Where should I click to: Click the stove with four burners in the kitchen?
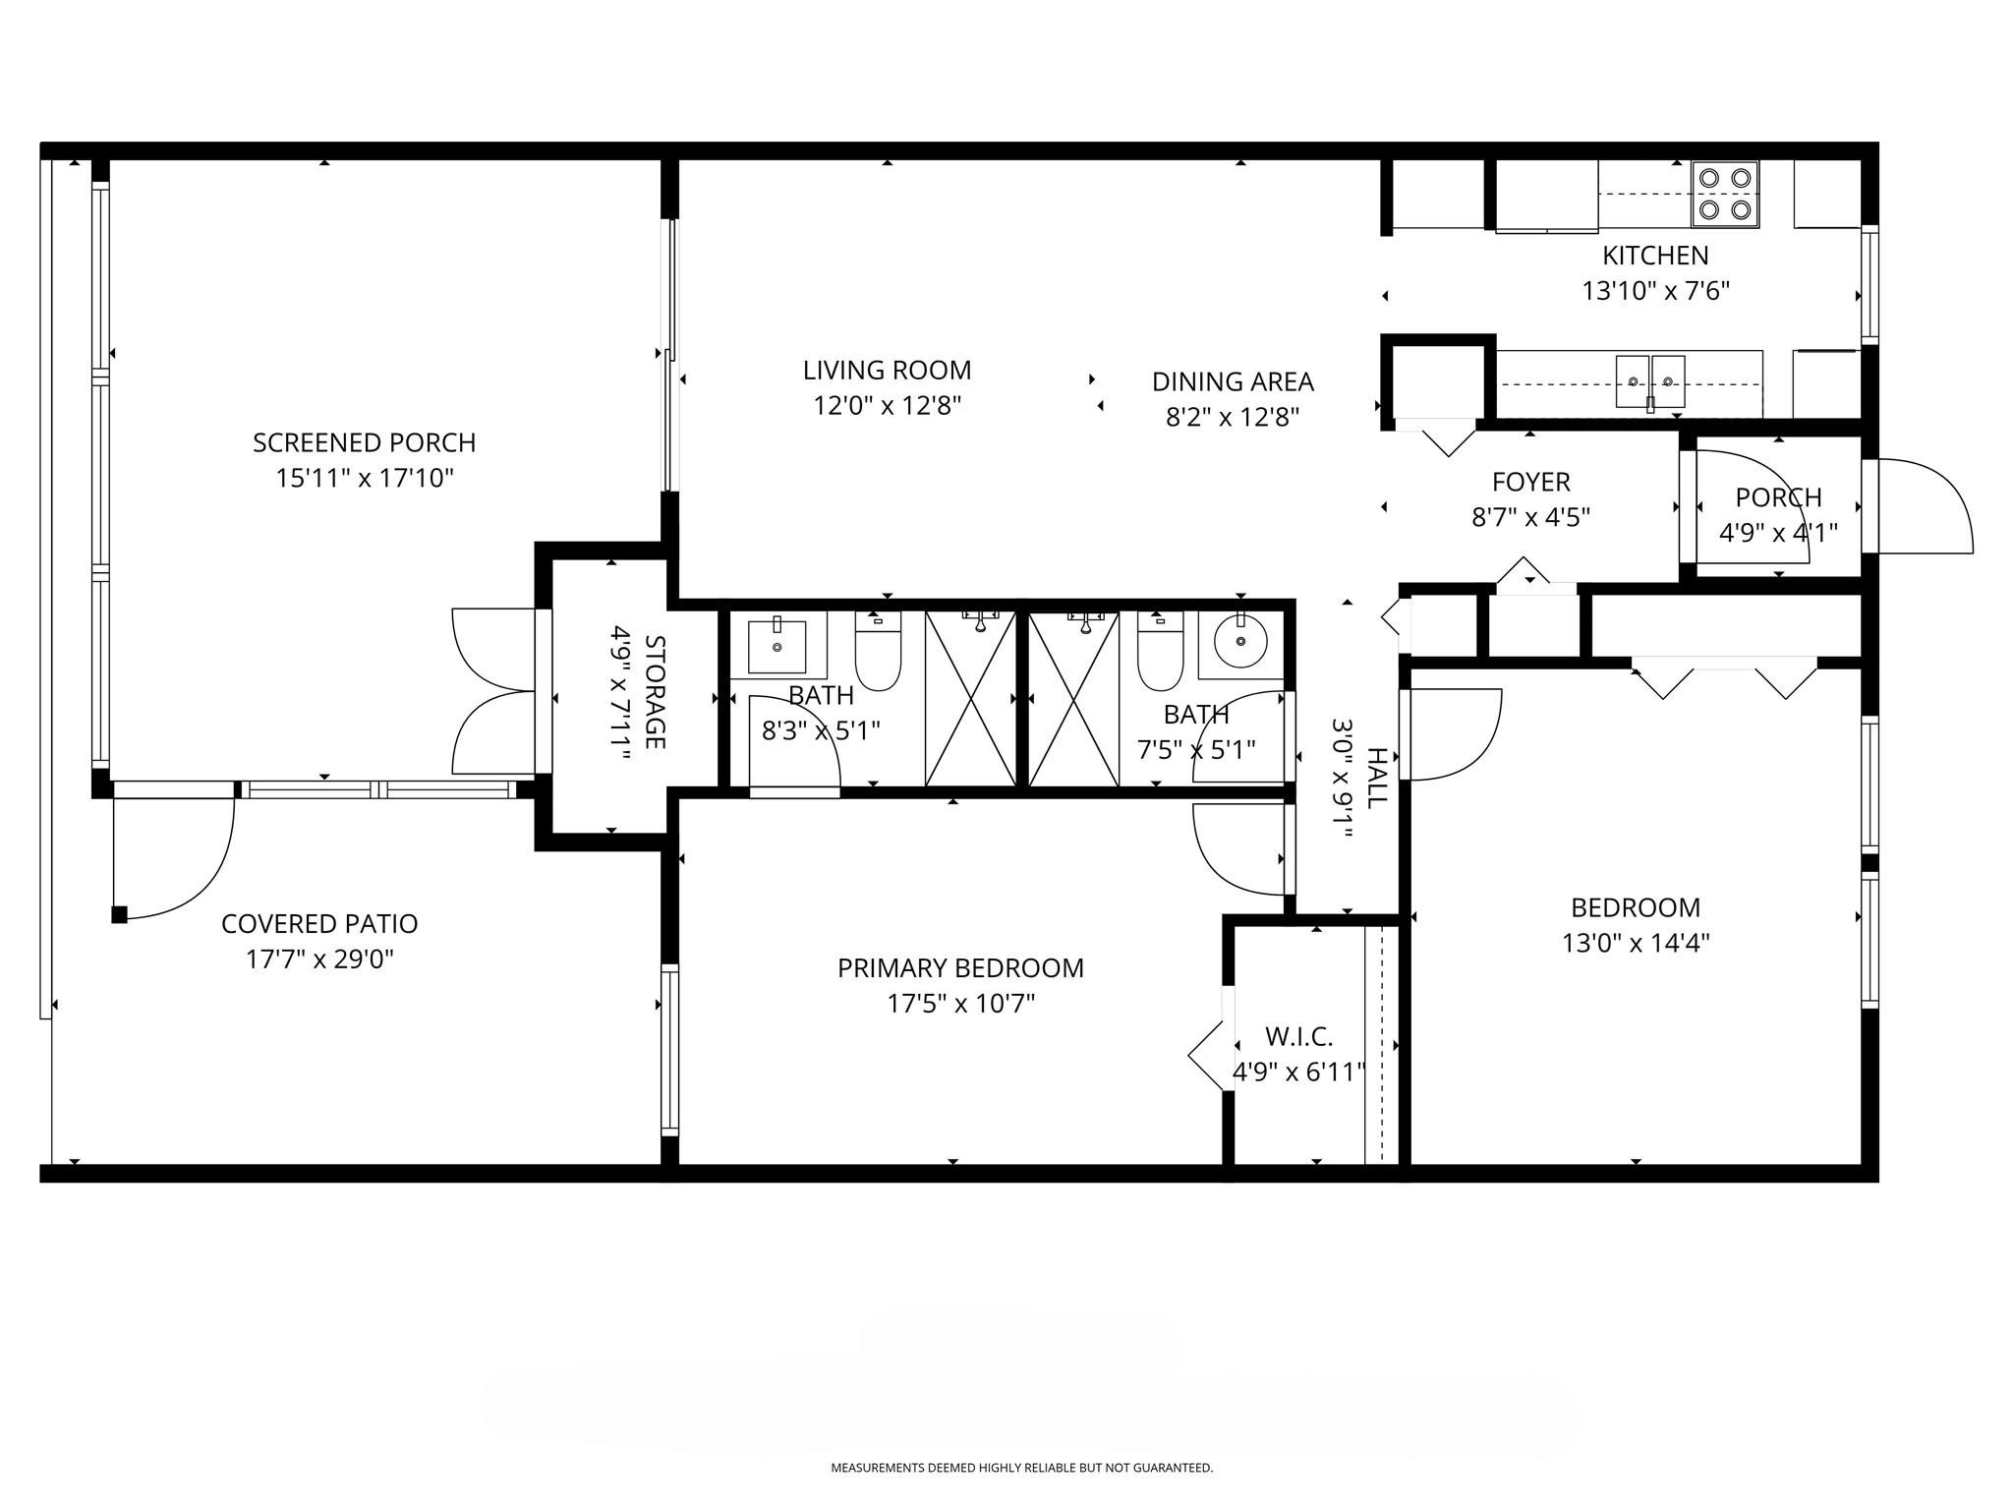tap(1725, 194)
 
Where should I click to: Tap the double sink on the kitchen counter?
tap(1650, 381)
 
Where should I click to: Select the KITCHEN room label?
tap(1655, 256)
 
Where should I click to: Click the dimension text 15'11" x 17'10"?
tap(365, 479)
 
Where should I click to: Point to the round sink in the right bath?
tap(1240, 644)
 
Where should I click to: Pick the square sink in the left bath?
tap(776, 644)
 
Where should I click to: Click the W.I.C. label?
tap(1298, 1036)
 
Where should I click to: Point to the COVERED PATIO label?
tap(319, 924)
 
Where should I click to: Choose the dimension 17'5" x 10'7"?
tap(960, 1004)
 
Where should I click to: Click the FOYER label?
tap(1530, 482)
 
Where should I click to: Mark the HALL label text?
tap(1377, 777)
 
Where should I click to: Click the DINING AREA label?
tap(1233, 381)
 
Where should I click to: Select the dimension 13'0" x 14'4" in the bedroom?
tap(1636, 943)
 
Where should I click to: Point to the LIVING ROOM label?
tap(887, 371)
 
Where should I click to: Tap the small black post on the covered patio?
tap(119, 915)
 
